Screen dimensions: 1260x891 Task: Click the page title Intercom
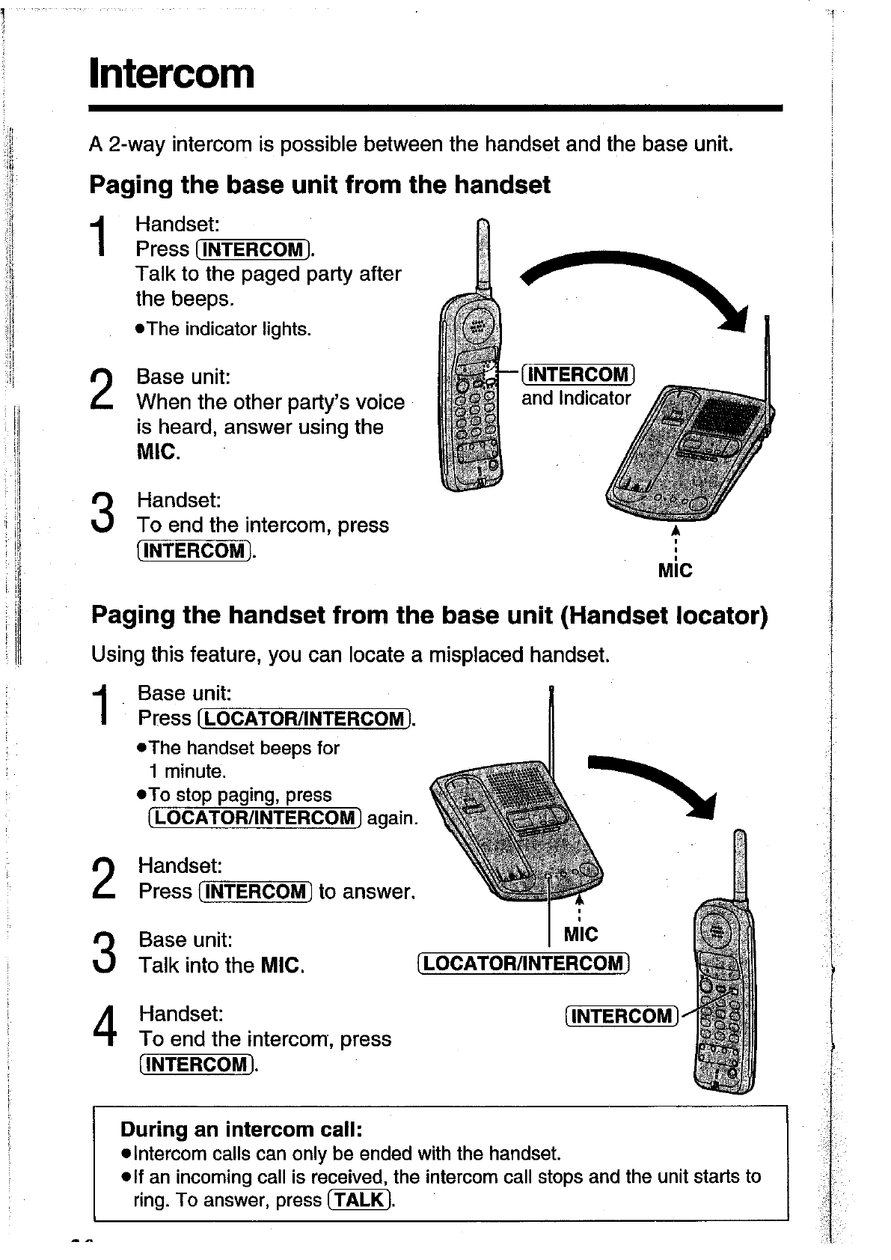coord(171,74)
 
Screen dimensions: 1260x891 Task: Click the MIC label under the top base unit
coord(675,571)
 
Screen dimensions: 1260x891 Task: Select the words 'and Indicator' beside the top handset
coord(576,398)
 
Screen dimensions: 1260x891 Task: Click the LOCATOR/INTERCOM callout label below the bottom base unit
coord(524,964)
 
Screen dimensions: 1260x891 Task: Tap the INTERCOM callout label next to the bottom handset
coord(622,1016)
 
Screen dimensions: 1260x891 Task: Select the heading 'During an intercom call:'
coord(242,1128)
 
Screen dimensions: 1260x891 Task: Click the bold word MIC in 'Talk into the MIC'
coord(282,965)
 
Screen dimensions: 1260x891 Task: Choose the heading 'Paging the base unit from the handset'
coord(319,185)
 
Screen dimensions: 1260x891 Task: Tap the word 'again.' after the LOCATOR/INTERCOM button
coord(391,818)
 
